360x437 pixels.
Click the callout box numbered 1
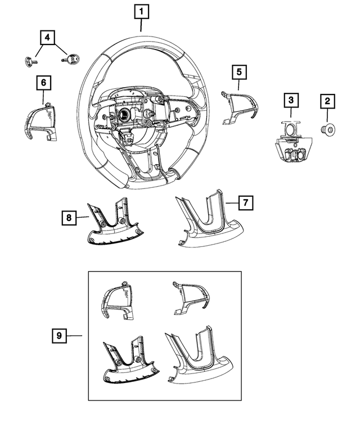[x=141, y=11]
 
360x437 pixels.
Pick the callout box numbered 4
[x=47, y=38]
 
